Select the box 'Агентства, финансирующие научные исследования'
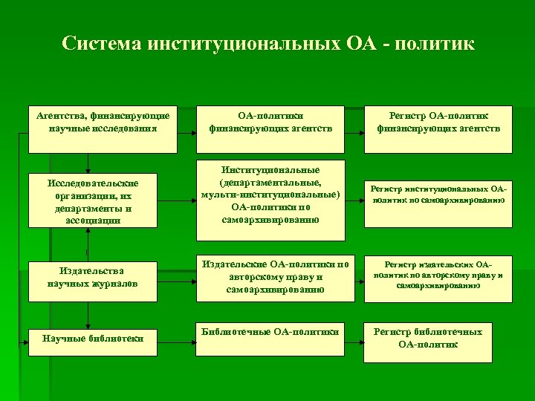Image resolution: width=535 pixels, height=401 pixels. click(103, 122)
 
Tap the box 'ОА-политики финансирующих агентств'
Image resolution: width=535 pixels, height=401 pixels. click(270, 122)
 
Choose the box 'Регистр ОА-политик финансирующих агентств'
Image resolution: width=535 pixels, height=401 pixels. click(438, 122)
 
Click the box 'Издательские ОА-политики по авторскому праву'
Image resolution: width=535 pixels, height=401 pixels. click(270, 277)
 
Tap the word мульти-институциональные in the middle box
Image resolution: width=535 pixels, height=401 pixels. click(270, 195)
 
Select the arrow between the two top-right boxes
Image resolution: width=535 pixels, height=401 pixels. click(355, 122)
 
